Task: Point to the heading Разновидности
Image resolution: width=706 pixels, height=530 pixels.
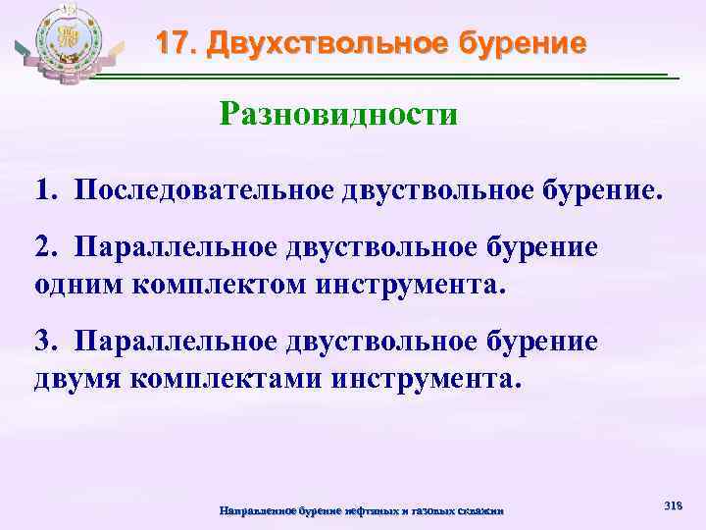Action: click(x=338, y=115)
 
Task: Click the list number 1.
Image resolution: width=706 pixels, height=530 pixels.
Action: click(x=45, y=188)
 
